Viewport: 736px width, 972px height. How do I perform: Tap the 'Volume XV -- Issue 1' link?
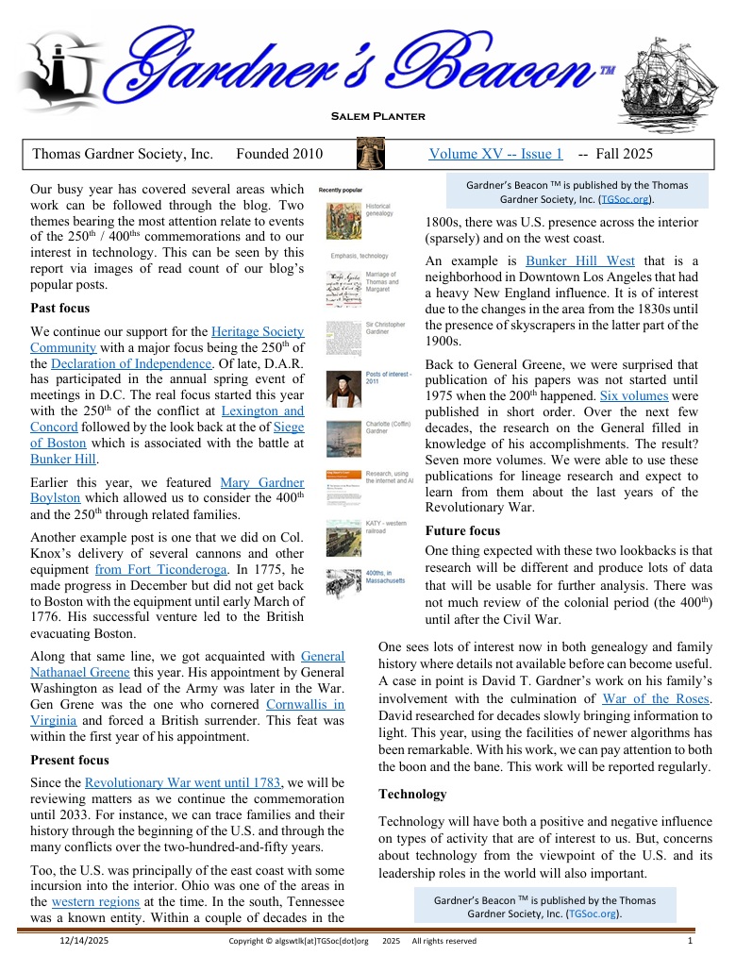495,154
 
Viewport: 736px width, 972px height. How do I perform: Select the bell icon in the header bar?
371,154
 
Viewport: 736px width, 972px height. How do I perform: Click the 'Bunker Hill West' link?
580,260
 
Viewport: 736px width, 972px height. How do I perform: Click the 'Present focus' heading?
70,760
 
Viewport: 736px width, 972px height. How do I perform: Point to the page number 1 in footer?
691,940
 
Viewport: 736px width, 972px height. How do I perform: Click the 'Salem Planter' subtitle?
377,116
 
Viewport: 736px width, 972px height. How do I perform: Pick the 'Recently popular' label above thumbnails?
341,190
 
